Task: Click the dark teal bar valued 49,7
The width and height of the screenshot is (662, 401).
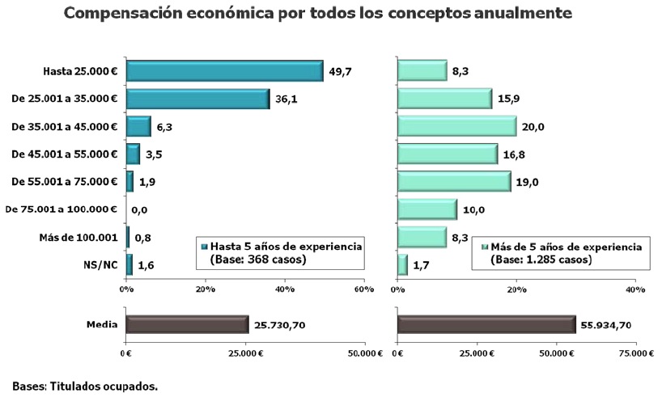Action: [225, 71]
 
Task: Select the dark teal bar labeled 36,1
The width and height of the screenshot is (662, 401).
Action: [198, 99]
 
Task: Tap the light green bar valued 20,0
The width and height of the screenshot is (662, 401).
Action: [456, 126]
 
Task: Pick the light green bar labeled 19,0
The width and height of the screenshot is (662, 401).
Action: [454, 182]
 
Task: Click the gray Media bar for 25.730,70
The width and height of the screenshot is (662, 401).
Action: [187, 325]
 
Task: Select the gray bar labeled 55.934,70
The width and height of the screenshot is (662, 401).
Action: [486, 325]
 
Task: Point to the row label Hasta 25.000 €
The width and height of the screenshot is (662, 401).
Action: [81, 72]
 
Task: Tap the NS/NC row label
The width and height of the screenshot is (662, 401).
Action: [102, 265]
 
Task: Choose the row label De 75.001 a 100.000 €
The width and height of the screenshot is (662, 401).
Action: [62, 209]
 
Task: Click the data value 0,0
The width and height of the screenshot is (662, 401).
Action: [138, 210]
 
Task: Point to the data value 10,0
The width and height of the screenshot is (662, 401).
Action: [473, 210]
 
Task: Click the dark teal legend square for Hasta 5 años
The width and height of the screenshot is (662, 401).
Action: [205, 247]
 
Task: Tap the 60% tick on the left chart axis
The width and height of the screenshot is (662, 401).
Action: [363, 289]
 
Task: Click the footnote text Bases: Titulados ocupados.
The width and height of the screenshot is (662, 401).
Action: [85, 386]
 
